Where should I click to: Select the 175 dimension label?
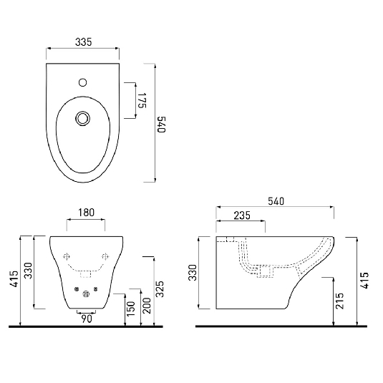pos(142,100)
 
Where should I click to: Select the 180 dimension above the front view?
pos(86,212)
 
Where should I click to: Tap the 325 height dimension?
pos(162,287)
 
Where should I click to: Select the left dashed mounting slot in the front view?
pos(67,256)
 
